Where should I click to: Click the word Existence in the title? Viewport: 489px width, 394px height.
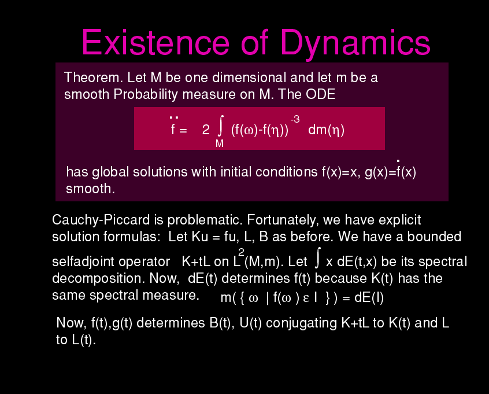(155, 42)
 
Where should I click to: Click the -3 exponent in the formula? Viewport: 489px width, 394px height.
(295, 119)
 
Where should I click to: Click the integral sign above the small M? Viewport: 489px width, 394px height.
(220, 126)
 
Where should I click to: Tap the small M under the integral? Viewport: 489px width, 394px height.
(220, 143)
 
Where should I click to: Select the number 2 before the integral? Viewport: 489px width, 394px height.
(206, 130)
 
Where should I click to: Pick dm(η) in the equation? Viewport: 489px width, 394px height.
(326, 130)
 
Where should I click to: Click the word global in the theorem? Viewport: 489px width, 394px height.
(110, 172)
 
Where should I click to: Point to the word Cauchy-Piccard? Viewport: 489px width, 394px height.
(101, 220)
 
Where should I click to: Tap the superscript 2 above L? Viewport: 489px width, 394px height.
(241, 252)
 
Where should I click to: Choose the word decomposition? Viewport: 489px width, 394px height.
(98, 278)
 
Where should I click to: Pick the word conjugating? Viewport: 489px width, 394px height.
(301, 323)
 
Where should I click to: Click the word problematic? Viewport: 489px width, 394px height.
(205, 220)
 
